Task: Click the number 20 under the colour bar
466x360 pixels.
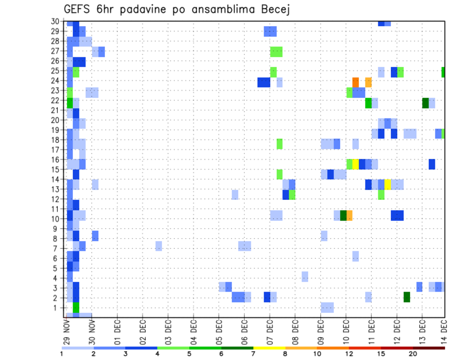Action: (x=413, y=354)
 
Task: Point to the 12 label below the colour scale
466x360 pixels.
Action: (x=349, y=354)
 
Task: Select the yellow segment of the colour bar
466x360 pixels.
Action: (x=269, y=348)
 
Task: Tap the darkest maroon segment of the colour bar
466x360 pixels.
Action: (x=429, y=348)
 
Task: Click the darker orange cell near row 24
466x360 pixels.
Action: (x=355, y=82)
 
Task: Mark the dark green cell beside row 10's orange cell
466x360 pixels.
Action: (x=343, y=215)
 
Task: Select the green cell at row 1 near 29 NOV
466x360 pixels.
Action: (x=76, y=308)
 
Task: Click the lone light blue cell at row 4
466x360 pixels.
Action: (x=305, y=277)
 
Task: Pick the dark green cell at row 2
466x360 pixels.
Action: (x=407, y=297)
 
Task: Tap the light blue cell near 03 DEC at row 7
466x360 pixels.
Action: (x=159, y=246)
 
